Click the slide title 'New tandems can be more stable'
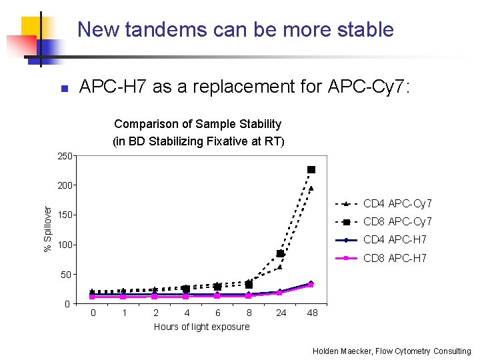[235, 30]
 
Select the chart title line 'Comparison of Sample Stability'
[198, 124]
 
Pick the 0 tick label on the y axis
[67, 304]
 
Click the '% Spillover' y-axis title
[48, 229]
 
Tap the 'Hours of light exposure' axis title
[201, 327]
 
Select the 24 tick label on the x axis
[281, 313]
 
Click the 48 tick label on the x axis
[312, 313]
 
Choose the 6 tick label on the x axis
[217, 313]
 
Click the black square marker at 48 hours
[311, 170]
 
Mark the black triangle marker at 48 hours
[311, 189]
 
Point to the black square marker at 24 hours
[280, 253]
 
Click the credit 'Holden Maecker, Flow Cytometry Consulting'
[391, 351]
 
